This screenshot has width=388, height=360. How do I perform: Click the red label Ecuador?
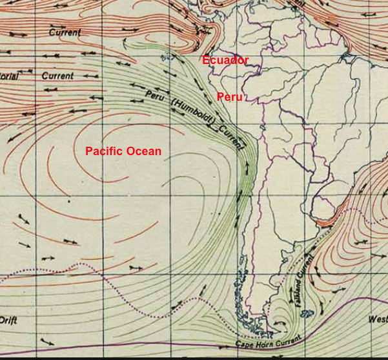(225, 61)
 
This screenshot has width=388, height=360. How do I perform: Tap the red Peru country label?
(230, 97)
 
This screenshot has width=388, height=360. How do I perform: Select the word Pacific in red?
(105, 151)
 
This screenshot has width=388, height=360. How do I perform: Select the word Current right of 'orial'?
(57, 76)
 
